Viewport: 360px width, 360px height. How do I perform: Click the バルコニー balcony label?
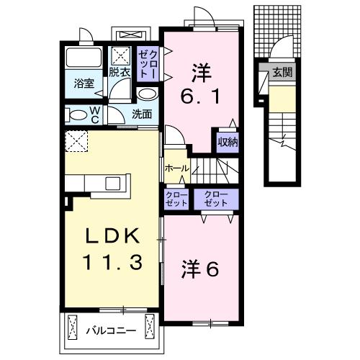pyautogui.click(x=109, y=330)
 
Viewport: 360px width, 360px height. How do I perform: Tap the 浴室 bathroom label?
pyautogui.click(x=84, y=83)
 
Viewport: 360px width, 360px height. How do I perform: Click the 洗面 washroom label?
pyautogui.click(x=141, y=114)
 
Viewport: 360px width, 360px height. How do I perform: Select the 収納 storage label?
pyautogui.click(x=228, y=142)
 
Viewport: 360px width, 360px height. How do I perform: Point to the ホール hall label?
pyautogui.click(x=175, y=168)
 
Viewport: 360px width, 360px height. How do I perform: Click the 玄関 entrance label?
pyautogui.click(x=282, y=72)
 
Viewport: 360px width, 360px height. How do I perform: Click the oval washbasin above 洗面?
pyautogui.click(x=146, y=95)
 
